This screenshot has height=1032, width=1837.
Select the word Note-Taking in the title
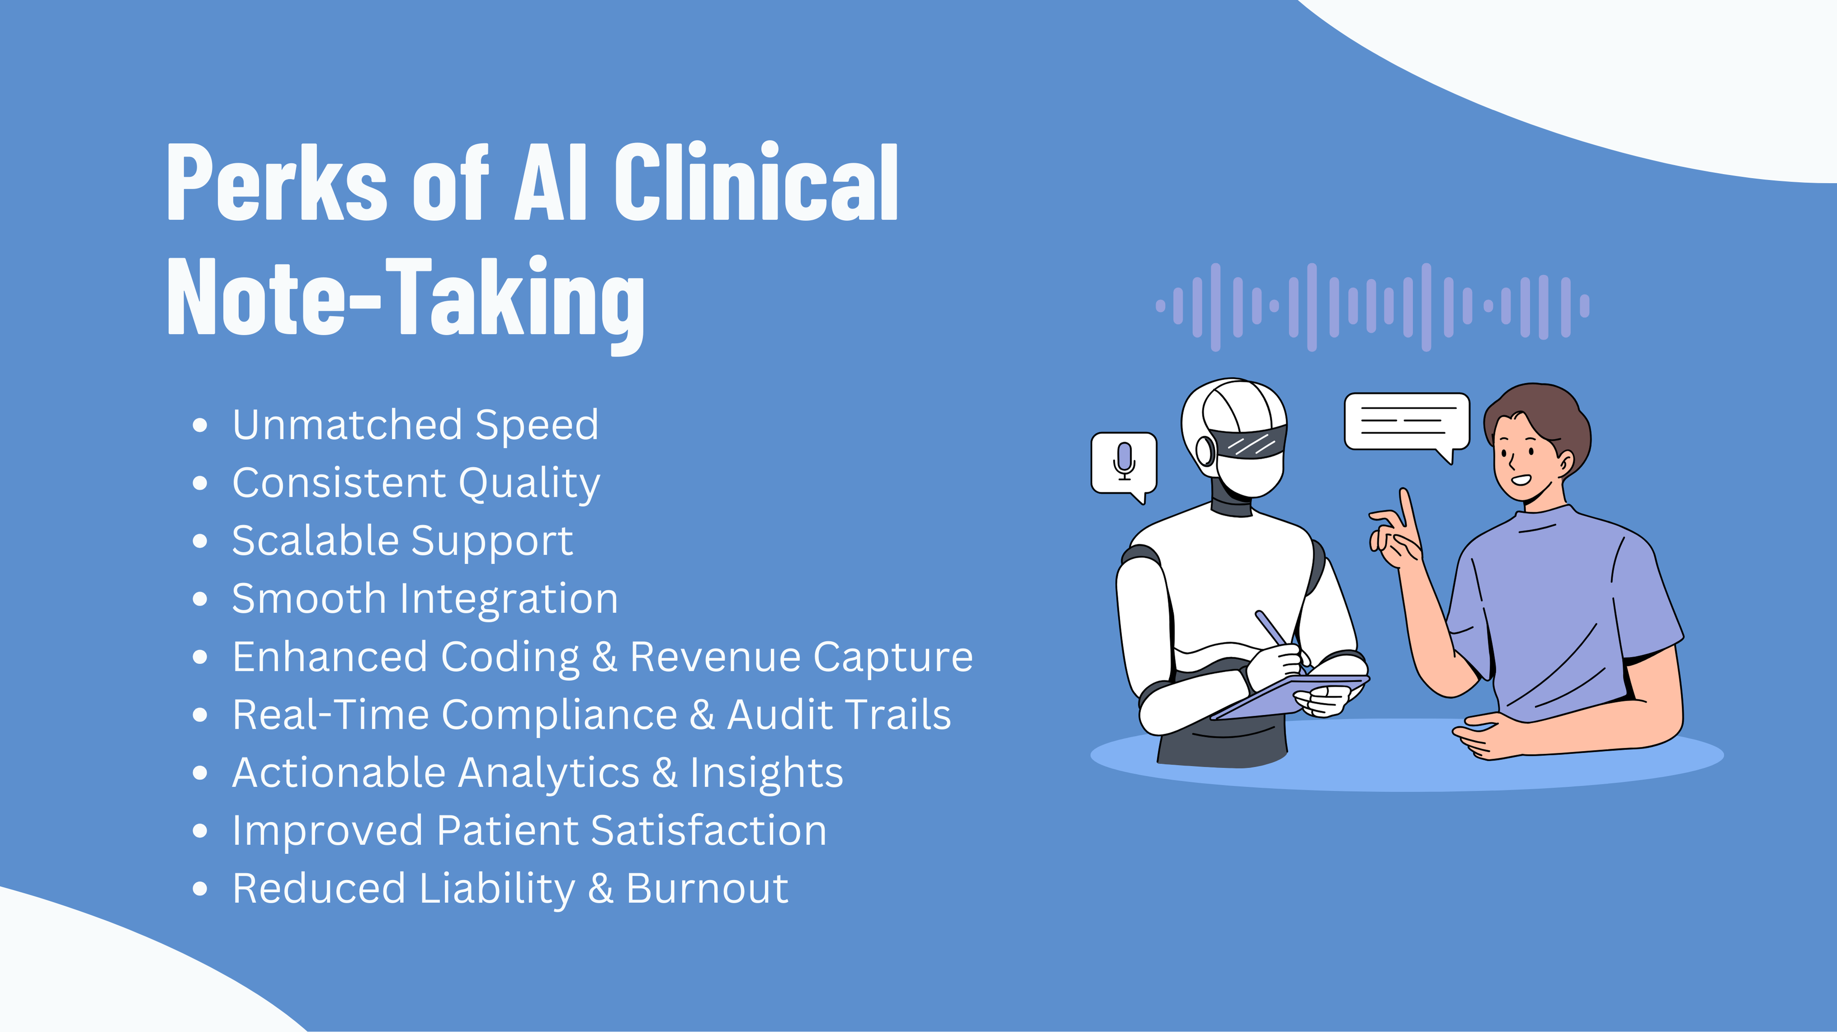(405, 298)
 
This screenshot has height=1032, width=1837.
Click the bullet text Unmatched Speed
(415, 425)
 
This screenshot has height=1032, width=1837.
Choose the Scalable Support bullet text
(402, 541)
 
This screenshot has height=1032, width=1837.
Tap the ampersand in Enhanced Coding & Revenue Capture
(604, 657)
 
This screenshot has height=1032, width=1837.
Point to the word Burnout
(707, 889)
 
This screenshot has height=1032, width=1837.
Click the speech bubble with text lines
(1406, 422)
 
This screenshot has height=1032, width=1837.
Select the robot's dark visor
(1252, 441)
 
